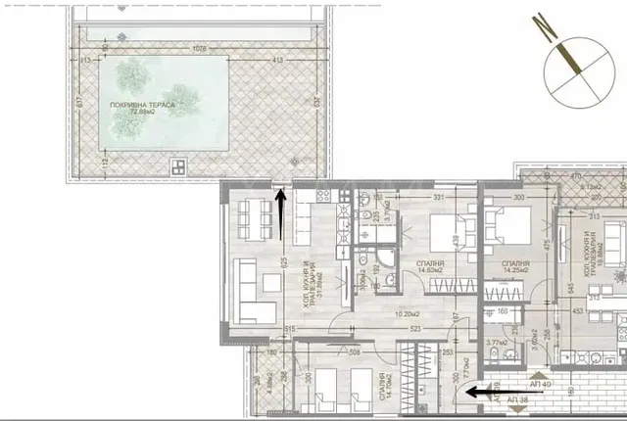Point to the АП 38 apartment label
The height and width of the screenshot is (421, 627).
(x=512, y=401)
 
